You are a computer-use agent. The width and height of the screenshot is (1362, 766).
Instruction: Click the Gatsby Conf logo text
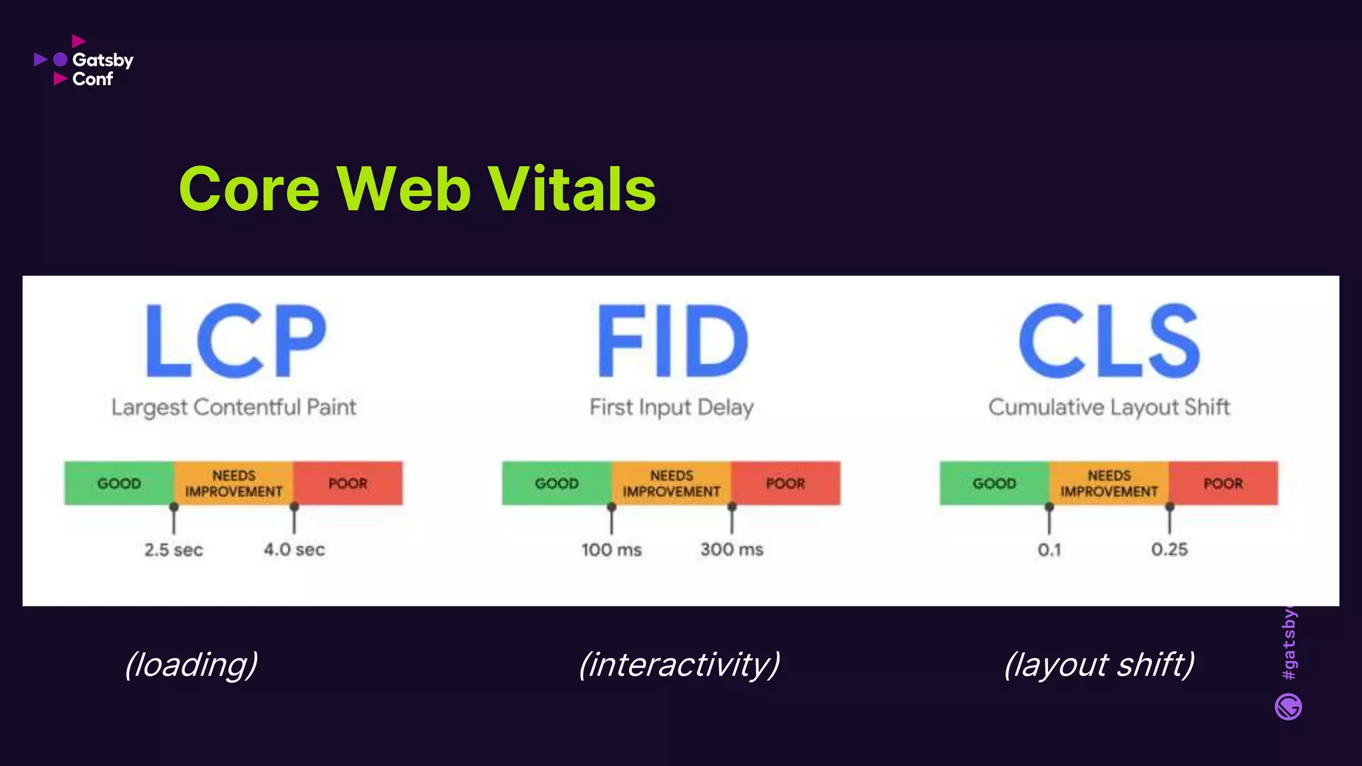coord(102,69)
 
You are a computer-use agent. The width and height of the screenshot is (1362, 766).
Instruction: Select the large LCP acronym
coord(236,340)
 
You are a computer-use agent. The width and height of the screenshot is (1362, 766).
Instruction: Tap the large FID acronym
coord(672,340)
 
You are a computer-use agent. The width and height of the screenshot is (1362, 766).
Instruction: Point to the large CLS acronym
coord(1109,340)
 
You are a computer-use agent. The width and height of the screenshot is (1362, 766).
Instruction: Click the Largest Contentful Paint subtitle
coord(234,407)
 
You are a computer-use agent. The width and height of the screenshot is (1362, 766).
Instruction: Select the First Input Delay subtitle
coord(672,407)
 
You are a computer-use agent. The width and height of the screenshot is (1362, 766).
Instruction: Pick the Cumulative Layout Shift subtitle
coord(1109,407)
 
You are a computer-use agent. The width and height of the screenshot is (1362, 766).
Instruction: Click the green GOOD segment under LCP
coord(119,483)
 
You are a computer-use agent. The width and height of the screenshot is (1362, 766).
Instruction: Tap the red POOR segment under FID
coord(785,483)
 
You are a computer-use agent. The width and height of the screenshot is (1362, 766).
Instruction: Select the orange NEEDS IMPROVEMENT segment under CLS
coord(1109,483)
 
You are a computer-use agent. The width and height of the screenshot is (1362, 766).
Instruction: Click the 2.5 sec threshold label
coord(174,550)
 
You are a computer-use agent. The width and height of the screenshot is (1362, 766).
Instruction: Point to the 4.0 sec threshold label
coord(294,550)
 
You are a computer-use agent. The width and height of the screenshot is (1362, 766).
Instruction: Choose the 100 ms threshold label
coord(611,550)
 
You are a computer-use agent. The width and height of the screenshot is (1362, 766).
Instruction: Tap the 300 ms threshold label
coord(732,550)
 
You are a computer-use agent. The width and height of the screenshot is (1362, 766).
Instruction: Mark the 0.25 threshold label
coord(1169,550)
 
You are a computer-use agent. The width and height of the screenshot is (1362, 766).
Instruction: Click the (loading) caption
coord(192,664)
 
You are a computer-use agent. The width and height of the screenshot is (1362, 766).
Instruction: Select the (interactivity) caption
coord(679,664)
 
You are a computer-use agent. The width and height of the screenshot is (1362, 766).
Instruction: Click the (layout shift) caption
coord(1099,664)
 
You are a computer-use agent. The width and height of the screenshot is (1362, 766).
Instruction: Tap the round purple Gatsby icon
coord(1288,707)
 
